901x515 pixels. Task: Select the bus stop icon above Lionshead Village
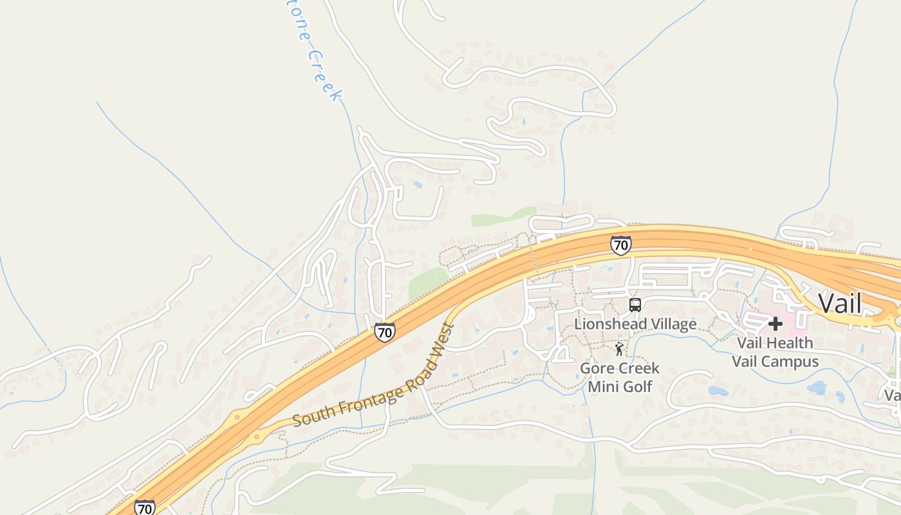[x=635, y=305]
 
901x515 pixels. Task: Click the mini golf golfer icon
[x=619, y=350]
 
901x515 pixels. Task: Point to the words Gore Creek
[x=620, y=368]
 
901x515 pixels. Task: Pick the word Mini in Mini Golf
[x=602, y=386]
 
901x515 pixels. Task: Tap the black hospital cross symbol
[x=776, y=324]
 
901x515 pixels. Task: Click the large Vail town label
[x=839, y=303]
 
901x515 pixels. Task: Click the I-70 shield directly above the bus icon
[x=620, y=245]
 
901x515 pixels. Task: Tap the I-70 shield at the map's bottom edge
[x=145, y=508]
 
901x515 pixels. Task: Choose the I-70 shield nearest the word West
[x=384, y=332]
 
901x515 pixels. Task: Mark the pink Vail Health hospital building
[x=759, y=320]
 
